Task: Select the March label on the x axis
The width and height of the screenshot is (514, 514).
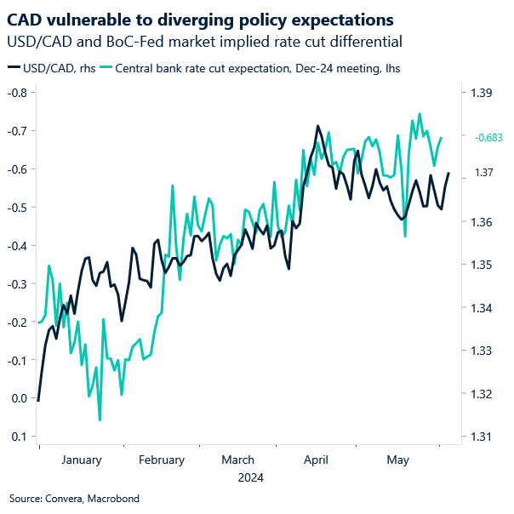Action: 237,460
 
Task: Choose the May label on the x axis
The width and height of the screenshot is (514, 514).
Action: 397,460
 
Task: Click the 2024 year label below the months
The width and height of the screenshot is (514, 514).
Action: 250,478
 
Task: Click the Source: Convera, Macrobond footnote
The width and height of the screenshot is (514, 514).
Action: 74,499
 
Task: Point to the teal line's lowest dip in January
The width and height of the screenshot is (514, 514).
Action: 100,420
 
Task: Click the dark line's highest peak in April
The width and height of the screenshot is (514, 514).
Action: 317,126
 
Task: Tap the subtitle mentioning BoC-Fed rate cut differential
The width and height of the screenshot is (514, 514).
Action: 203,41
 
